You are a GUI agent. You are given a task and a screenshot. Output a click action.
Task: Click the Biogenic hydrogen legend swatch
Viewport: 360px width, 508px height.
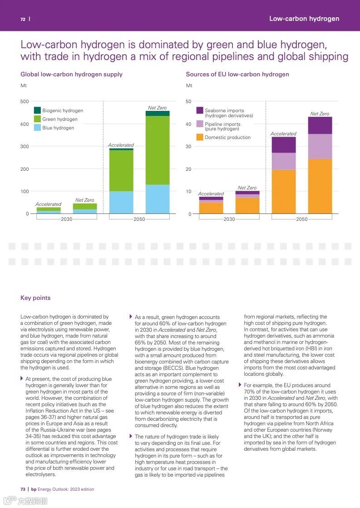click(x=38, y=110)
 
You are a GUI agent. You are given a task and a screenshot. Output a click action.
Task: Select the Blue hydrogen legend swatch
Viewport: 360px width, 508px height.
click(x=38, y=128)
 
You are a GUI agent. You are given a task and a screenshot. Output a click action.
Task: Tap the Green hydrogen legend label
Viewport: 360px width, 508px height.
click(x=60, y=119)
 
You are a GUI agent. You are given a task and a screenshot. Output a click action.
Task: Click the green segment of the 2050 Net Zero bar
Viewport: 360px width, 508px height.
click(x=158, y=150)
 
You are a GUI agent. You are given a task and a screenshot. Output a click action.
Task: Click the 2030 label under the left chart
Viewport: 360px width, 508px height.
click(x=67, y=219)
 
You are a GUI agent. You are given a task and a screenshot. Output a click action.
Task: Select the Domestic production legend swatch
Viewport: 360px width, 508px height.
click(x=200, y=137)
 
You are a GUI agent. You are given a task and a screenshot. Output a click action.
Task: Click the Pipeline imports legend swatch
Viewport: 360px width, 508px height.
click(x=200, y=124)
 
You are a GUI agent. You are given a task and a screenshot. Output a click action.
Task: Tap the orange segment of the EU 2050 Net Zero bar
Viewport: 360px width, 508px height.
click(x=320, y=186)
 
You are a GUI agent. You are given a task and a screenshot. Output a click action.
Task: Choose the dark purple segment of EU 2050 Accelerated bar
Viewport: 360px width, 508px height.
click(x=284, y=144)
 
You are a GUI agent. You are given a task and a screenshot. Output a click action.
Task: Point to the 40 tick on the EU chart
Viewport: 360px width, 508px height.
click(x=189, y=124)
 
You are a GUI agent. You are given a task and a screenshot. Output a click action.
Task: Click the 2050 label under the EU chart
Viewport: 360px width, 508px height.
click(x=302, y=219)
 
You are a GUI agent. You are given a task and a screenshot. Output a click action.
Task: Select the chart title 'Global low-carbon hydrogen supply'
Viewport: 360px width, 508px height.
click(x=71, y=74)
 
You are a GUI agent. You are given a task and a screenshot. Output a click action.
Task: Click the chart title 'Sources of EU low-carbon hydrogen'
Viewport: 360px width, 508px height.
click(x=237, y=74)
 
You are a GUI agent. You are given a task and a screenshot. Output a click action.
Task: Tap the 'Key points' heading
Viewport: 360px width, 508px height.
click(x=35, y=298)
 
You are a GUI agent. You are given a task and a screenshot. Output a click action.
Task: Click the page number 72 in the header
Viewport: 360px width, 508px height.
click(x=23, y=19)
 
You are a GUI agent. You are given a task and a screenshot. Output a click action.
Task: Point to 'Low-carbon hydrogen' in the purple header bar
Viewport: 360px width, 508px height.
click(x=304, y=19)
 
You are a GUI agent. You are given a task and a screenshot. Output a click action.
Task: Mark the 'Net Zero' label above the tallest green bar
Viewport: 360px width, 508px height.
click(x=158, y=108)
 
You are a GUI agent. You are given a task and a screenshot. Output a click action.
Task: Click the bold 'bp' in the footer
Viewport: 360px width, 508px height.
click(x=34, y=489)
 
